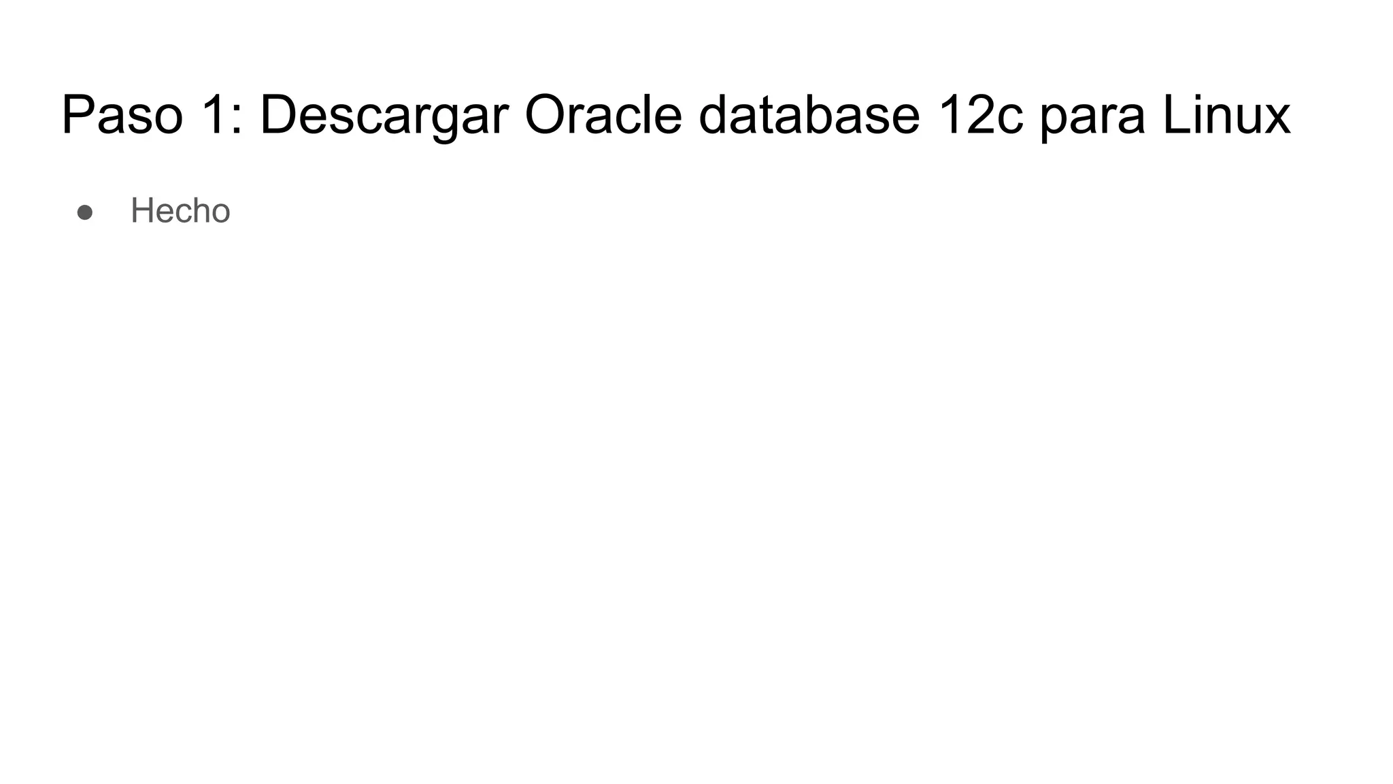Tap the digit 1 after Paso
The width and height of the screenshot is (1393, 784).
216,115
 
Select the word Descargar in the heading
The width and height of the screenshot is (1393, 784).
384,115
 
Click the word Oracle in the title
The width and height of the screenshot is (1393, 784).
603,115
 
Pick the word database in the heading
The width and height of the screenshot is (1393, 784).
809,115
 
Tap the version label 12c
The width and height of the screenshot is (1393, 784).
979,115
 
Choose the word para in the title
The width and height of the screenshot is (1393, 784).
1092,119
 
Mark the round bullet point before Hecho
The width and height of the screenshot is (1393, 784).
85,212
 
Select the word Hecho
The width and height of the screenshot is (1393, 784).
180,210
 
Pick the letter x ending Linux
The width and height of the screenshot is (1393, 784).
1276,120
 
